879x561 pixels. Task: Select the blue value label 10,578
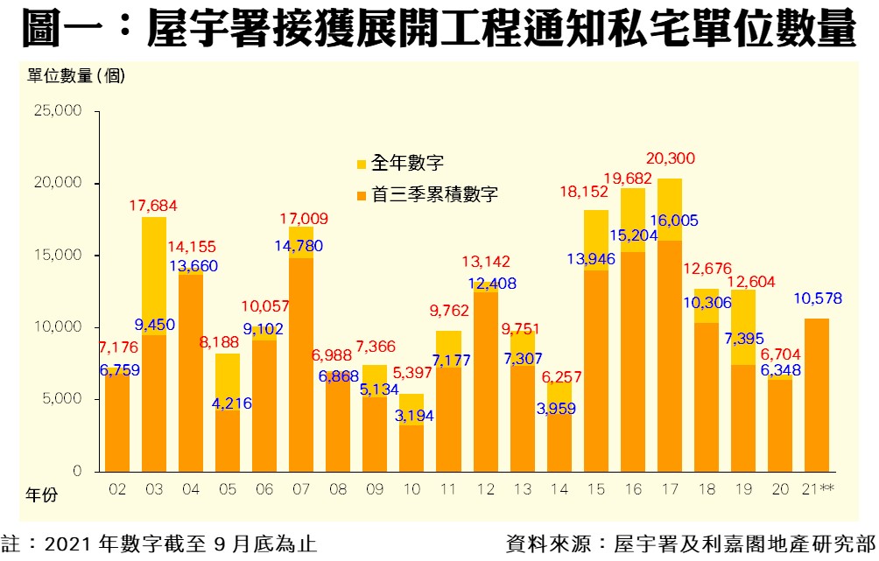coord(817,298)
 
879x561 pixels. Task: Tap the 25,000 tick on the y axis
coord(57,111)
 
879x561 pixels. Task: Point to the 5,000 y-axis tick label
coord(60,399)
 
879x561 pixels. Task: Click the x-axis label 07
coord(300,490)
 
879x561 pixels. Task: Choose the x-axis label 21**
coord(818,490)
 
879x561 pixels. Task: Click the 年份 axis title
coord(40,495)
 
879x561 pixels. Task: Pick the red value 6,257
coord(559,376)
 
